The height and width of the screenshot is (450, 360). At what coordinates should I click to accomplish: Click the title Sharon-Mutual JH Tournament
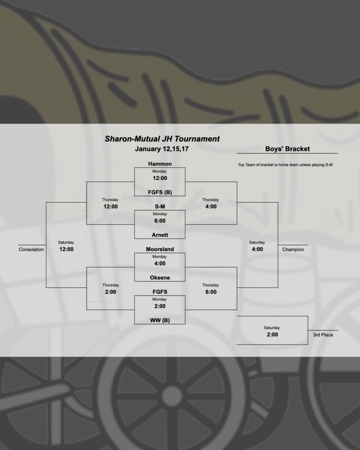pos(162,139)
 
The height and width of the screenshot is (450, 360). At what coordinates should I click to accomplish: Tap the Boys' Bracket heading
pos(287,149)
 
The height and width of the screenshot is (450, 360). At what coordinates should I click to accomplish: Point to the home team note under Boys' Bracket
pos(285,165)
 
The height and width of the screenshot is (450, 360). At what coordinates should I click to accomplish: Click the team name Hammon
pos(160,164)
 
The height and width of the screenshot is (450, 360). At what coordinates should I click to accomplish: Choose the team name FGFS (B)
pos(160,192)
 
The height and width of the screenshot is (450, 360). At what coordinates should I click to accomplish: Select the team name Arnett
pos(160,235)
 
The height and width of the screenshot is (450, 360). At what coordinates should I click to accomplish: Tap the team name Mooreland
pos(160,249)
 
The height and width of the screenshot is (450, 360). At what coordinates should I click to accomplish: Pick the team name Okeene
pos(160,277)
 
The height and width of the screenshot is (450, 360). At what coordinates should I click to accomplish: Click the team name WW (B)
pos(160,320)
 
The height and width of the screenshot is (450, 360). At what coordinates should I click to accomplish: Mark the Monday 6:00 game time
pos(160,221)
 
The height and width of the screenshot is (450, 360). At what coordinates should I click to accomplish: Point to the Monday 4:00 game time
pos(160,263)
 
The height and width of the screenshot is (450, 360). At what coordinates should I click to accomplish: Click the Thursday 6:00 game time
pos(211,291)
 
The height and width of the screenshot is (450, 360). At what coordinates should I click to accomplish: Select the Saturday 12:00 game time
pos(66,249)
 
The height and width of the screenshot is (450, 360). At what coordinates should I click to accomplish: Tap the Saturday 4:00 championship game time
pos(257,249)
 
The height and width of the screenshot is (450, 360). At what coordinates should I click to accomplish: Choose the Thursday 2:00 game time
pos(110,291)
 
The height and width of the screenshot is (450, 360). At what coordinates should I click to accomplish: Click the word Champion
pos(293,250)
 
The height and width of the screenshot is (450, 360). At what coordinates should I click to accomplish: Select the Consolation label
pos(31,250)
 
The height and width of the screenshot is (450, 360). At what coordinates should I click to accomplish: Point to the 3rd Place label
pos(323,335)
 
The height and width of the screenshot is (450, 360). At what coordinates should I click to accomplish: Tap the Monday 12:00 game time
pos(160,178)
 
